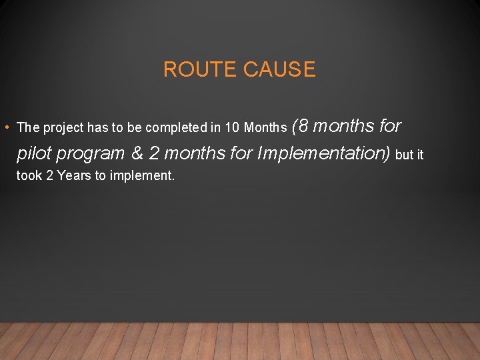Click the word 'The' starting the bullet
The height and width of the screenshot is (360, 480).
(x=28, y=127)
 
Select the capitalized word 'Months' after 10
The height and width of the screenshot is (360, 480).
(x=265, y=127)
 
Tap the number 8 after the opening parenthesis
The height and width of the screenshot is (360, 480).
(x=304, y=125)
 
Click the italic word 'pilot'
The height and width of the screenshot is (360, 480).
(x=34, y=153)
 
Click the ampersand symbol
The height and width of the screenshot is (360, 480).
(x=137, y=153)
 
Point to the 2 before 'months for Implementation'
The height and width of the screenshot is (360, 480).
(x=155, y=153)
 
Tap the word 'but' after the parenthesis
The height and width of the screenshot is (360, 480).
(x=405, y=155)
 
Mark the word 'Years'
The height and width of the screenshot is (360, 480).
(x=71, y=177)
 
